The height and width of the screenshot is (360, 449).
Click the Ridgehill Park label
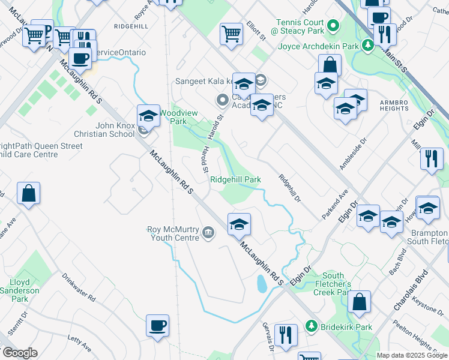235,179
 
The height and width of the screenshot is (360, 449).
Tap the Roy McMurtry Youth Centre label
173,233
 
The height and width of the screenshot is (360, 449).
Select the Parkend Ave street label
337,202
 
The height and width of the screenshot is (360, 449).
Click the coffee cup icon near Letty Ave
157,325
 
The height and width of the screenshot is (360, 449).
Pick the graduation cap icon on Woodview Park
148,115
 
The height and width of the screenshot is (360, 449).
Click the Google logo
19,353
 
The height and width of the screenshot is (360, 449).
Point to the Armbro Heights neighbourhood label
394,105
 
